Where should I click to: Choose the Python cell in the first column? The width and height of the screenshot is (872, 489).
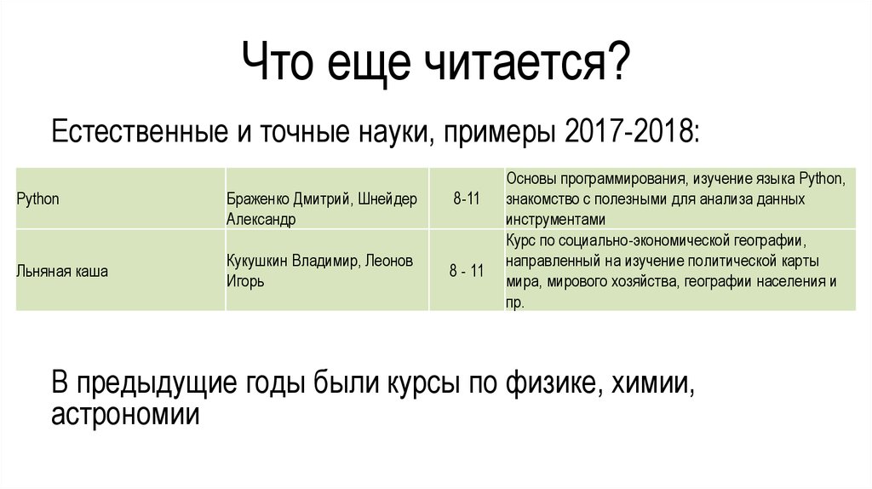[x=37, y=198]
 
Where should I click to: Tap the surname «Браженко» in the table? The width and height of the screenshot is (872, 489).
[x=259, y=198]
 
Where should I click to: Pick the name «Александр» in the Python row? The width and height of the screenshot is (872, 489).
[x=261, y=219]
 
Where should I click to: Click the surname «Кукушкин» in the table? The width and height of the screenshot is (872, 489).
[x=259, y=261]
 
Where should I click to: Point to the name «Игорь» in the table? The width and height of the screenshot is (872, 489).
[x=245, y=281]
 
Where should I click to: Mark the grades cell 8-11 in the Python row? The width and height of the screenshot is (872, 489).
[x=467, y=198]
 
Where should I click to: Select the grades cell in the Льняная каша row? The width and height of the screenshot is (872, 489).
[x=467, y=271]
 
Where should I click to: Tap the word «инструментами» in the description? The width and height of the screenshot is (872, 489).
[x=550, y=219]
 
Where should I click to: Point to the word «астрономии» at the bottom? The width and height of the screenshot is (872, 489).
[x=125, y=415]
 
